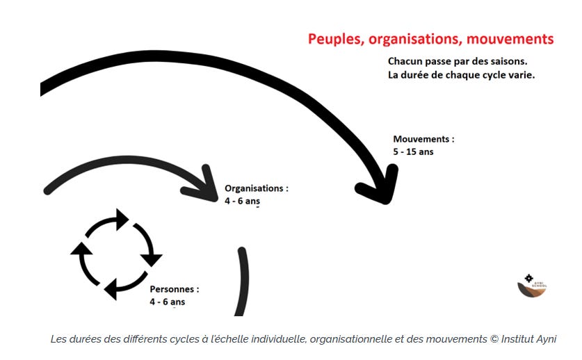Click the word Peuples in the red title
coord(332,39)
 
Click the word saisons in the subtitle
coord(517,61)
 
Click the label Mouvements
coord(423,139)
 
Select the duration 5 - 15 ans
coord(413,151)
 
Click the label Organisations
coord(256,188)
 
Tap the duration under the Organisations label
coord(242,201)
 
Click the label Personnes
coord(174,289)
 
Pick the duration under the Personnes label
coord(167,302)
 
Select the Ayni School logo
coord(532,285)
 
